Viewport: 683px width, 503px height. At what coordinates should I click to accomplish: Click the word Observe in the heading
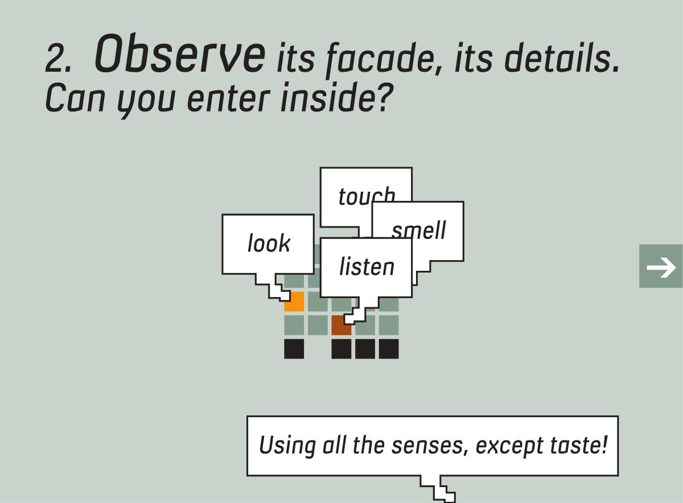pos(180,53)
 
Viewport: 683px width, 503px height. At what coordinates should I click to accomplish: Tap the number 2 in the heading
pos(55,59)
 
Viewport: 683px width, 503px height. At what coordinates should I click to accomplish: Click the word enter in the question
pos(229,98)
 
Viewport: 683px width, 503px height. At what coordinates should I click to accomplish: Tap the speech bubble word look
pos(269,243)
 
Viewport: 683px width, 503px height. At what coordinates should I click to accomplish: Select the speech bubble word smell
pos(419,229)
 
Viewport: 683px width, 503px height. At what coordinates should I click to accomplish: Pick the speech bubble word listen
pos(367,266)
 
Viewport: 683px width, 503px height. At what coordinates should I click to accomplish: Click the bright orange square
pos(294,302)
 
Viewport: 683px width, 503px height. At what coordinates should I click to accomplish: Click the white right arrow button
pos(661,266)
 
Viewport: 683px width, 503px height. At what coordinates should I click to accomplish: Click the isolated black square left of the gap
pos(294,349)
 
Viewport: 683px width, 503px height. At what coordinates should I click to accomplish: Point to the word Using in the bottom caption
pos(287,446)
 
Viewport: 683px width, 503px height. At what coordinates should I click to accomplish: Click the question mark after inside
pos(384,96)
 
